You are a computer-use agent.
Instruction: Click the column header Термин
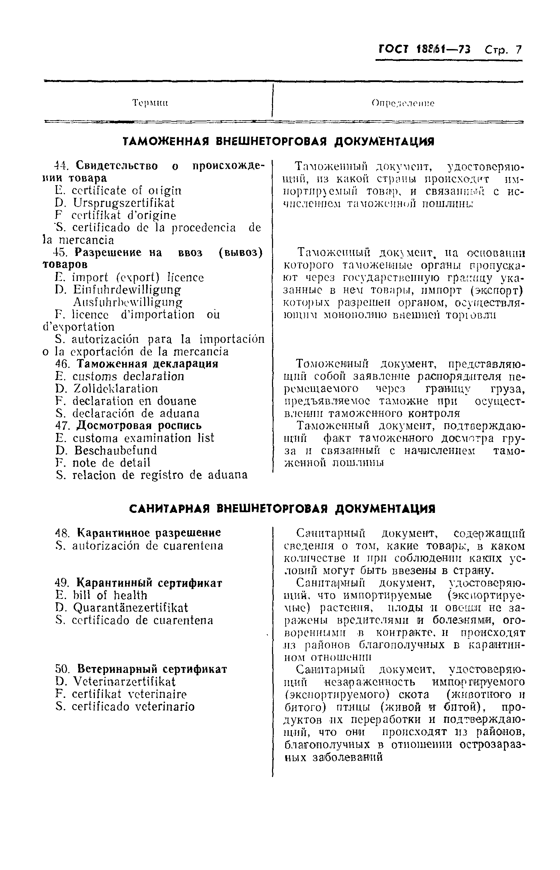150,103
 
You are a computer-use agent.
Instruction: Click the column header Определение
403,103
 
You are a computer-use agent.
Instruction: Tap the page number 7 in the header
518,49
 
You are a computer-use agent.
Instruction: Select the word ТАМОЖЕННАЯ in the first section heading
167,142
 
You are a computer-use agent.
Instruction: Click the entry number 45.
62,252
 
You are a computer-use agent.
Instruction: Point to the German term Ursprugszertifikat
124,203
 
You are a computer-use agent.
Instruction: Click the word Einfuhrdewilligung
127,290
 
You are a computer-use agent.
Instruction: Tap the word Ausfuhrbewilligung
127,303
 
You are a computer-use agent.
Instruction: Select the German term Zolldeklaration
116,389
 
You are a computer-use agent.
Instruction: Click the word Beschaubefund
116,450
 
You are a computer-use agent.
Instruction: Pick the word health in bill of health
130,595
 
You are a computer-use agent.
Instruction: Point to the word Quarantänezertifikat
131,608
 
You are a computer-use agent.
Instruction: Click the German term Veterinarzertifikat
124,682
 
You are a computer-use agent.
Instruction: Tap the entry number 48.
62,533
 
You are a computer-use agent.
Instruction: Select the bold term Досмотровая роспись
139,425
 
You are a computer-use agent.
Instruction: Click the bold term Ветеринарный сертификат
152,669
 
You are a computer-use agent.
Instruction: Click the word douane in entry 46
176,401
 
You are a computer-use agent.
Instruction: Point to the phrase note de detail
111,463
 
